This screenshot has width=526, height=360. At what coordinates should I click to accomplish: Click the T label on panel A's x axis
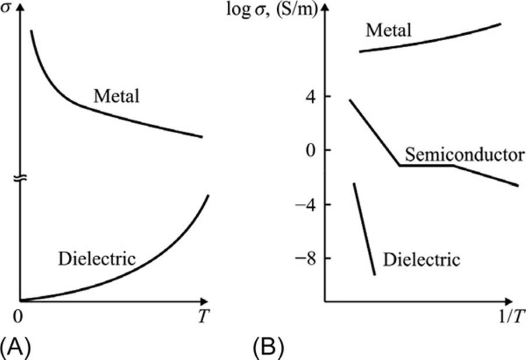point(201,318)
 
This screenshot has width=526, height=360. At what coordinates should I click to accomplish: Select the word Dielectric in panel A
point(97,258)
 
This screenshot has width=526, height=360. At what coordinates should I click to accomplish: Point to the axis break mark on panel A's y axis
point(20,178)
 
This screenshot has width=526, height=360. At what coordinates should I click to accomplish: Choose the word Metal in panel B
point(388,30)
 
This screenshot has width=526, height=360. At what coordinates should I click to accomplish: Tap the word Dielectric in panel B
point(422,258)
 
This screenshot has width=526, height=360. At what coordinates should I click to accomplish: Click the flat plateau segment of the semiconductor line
point(426,165)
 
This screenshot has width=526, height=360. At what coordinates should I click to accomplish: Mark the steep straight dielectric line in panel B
point(364,229)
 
